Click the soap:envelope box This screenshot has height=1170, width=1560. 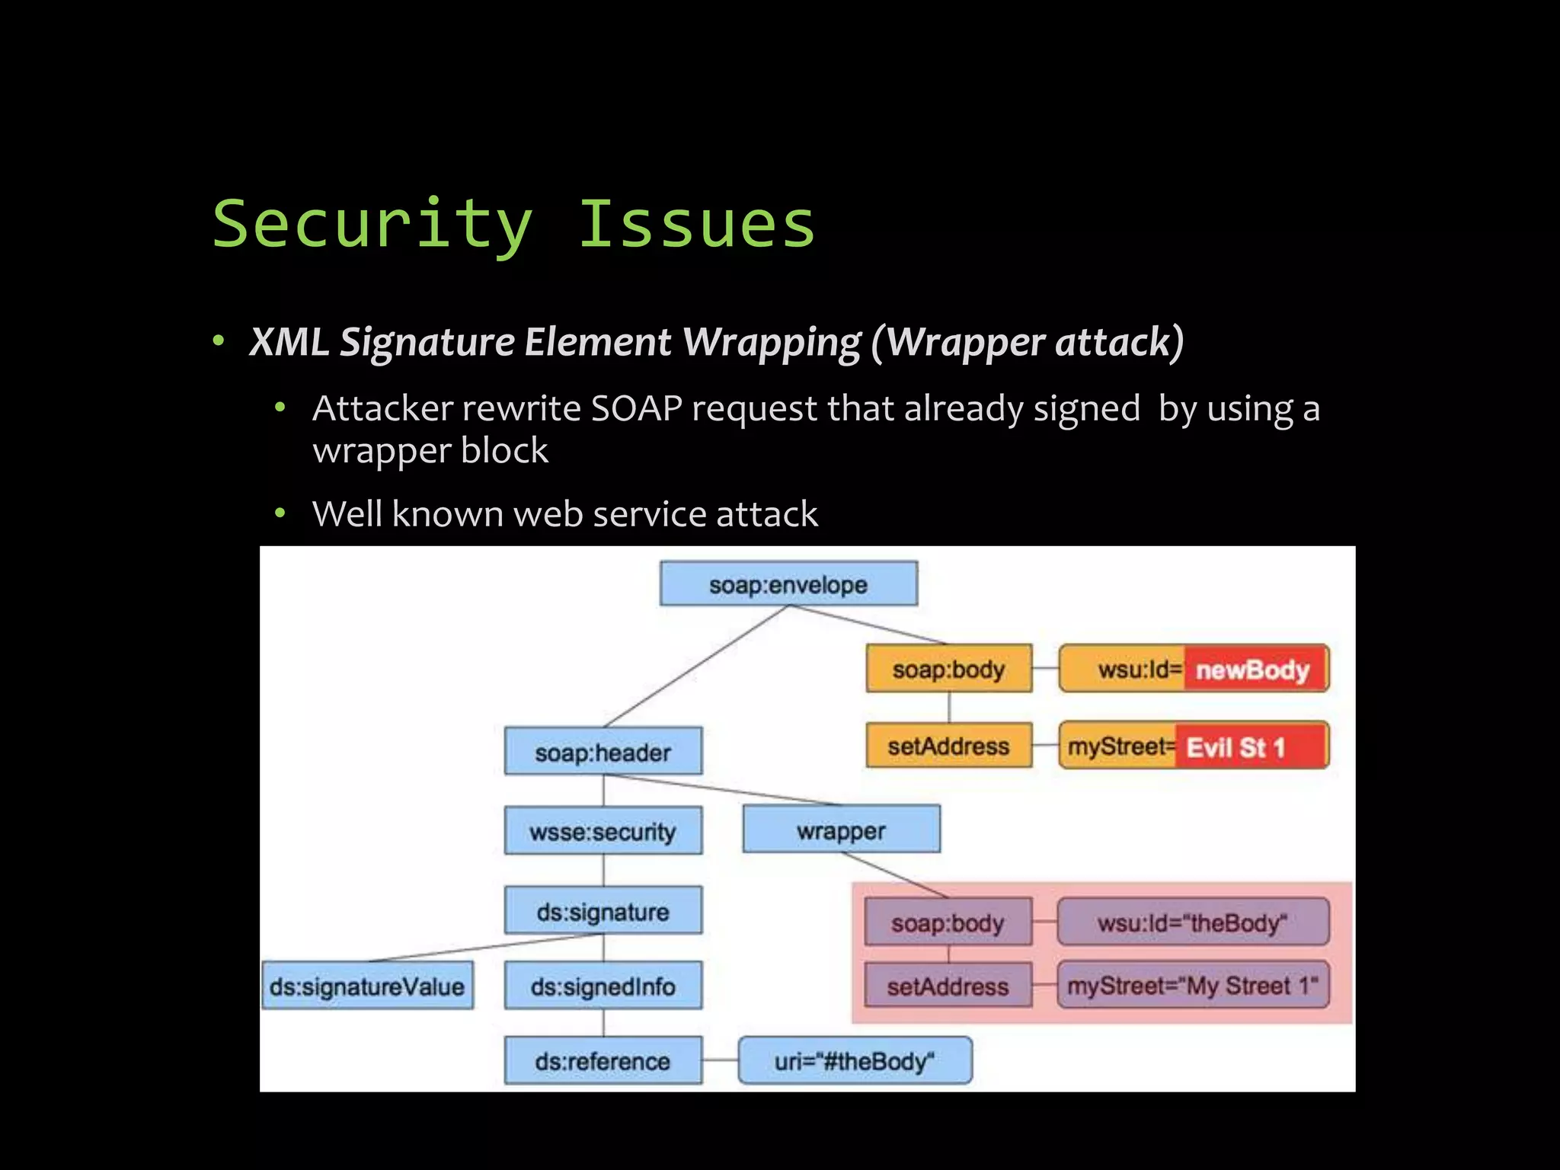pos(788,584)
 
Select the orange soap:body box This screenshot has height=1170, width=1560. pos(948,669)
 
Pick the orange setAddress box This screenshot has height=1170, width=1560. pos(948,746)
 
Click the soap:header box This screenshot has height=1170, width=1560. pos(603,753)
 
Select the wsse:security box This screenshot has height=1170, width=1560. pos(603,831)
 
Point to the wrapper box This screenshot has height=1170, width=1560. pos(841,830)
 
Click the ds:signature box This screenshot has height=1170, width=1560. pos(603,911)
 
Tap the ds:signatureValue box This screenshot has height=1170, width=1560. pos(367,986)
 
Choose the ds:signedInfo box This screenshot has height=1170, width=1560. pos(603,986)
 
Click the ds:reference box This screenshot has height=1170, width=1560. pos(603,1060)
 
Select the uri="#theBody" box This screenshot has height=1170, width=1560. pos(855,1060)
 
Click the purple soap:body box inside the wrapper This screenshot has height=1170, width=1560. pos(948,922)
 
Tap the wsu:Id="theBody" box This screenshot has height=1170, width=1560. pos(1193,922)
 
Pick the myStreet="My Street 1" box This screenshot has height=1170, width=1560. pos(1193,986)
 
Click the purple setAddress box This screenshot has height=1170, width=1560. pos(948,986)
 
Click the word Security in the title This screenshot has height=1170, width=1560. pos(372,224)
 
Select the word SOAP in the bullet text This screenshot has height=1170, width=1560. pos(637,408)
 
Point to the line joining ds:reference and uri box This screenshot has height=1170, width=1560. pos(720,1060)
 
